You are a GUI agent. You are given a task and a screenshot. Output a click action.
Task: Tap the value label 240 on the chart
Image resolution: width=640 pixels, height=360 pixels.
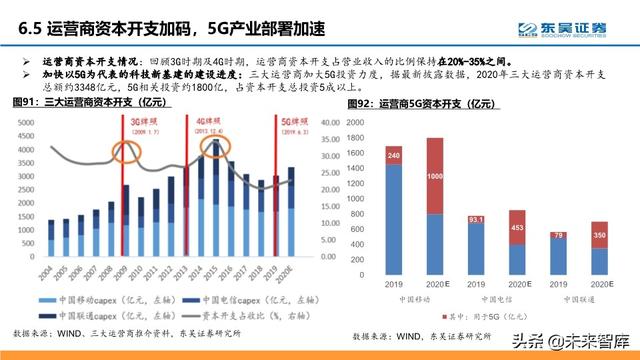[x=393, y=156]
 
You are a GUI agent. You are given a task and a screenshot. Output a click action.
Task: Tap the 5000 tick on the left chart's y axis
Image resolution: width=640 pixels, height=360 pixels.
[x=27, y=121]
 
